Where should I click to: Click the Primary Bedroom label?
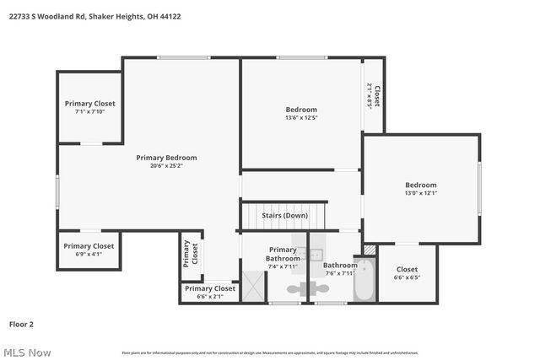pyautogui.click(x=166, y=158)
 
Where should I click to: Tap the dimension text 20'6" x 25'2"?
pyautogui.click(x=166, y=166)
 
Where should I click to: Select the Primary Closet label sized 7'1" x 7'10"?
pyautogui.click(x=89, y=104)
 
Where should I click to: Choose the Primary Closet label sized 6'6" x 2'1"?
pyautogui.click(x=210, y=288)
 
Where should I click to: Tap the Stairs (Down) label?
pyautogui.click(x=284, y=216)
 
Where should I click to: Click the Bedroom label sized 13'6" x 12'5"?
pyautogui.click(x=301, y=110)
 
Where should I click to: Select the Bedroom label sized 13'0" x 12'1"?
pyautogui.click(x=420, y=185)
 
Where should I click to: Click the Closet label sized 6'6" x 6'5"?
pyautogui.click(x=407, y=270)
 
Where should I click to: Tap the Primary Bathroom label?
pyautogui.click(x=282, y=254)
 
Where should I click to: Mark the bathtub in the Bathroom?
pyautogui.click(x=364, y=284)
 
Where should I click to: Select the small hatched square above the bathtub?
pyautogui.click(x=369, y=250)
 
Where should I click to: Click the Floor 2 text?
pyautogui.click(x=22, y=324)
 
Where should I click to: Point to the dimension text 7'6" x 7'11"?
pyautogui.click(x=339, y=273)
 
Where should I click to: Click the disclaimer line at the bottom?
pyautogui.click(x=270, y=352)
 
